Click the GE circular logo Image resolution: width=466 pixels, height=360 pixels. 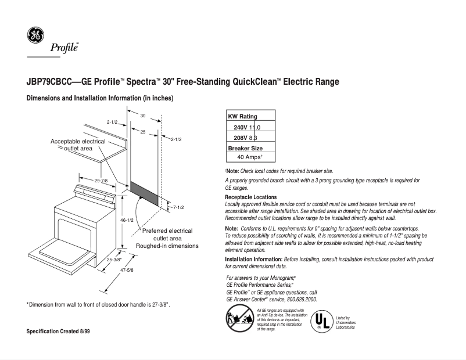click(x=34, y=36)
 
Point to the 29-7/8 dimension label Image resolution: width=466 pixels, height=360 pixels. click(x=101, y=181)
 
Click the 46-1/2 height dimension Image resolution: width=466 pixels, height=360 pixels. click(x=127, y=221)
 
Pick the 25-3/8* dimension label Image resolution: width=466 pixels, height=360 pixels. click(x=114, y=260)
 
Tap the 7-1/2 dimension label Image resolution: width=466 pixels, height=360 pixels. click(x=178, y=207)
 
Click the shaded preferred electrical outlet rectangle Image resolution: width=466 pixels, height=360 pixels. click(x=144, y=192)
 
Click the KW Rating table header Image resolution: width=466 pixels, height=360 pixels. click(x=242, y=117)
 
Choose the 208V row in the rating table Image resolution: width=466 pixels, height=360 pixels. click(x=245, y=138)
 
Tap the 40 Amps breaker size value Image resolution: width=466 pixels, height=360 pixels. click(x=250, y=157)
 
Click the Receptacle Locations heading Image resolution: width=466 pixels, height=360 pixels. click(x=250, y=197)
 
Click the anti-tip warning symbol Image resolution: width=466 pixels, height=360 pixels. click(x=238, y=319)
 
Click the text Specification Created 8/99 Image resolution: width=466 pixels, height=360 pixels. click(x=58, y=331)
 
